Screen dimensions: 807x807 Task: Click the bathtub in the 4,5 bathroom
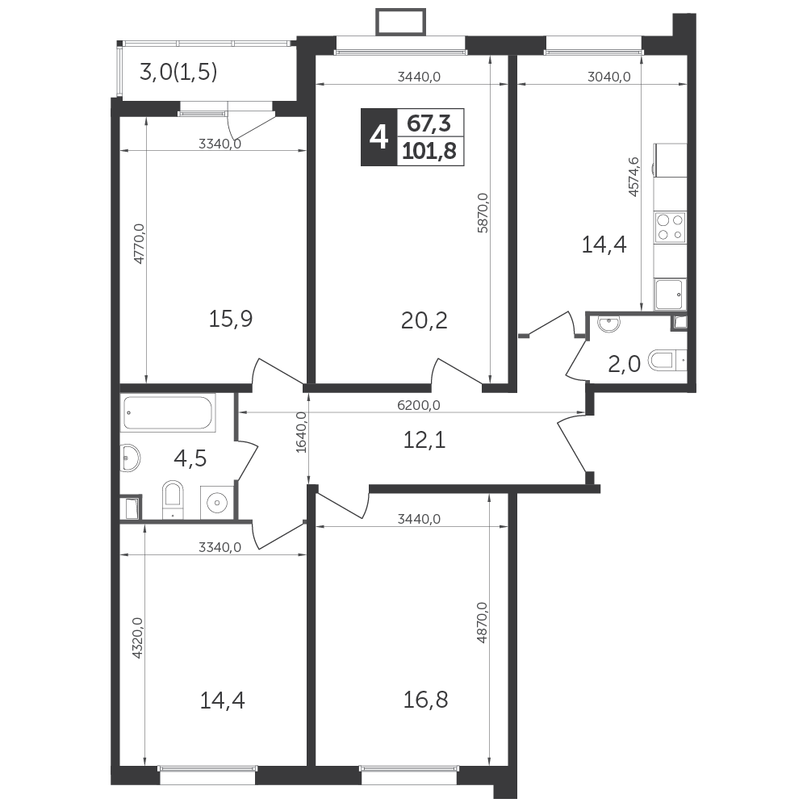168,412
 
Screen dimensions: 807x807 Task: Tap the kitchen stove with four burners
670,228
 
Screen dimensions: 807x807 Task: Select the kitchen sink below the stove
670,295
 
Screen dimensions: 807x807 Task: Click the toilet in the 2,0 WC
667,360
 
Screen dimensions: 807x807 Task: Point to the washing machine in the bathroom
218,501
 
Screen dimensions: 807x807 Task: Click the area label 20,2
424,320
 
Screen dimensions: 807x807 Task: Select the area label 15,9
231,319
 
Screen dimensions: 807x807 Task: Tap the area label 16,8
425,700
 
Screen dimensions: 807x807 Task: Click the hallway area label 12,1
424,440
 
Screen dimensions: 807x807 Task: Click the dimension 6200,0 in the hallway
419,406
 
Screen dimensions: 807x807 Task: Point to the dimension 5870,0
483,213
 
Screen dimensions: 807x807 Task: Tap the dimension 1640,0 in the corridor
301,433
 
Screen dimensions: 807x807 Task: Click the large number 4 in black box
378,137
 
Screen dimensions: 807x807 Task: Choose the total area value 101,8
429,152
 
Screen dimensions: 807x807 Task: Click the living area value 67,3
429,123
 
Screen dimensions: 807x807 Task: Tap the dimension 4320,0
137,638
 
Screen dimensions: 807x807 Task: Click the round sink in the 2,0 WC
608,324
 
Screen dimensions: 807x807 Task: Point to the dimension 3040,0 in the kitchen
608,77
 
